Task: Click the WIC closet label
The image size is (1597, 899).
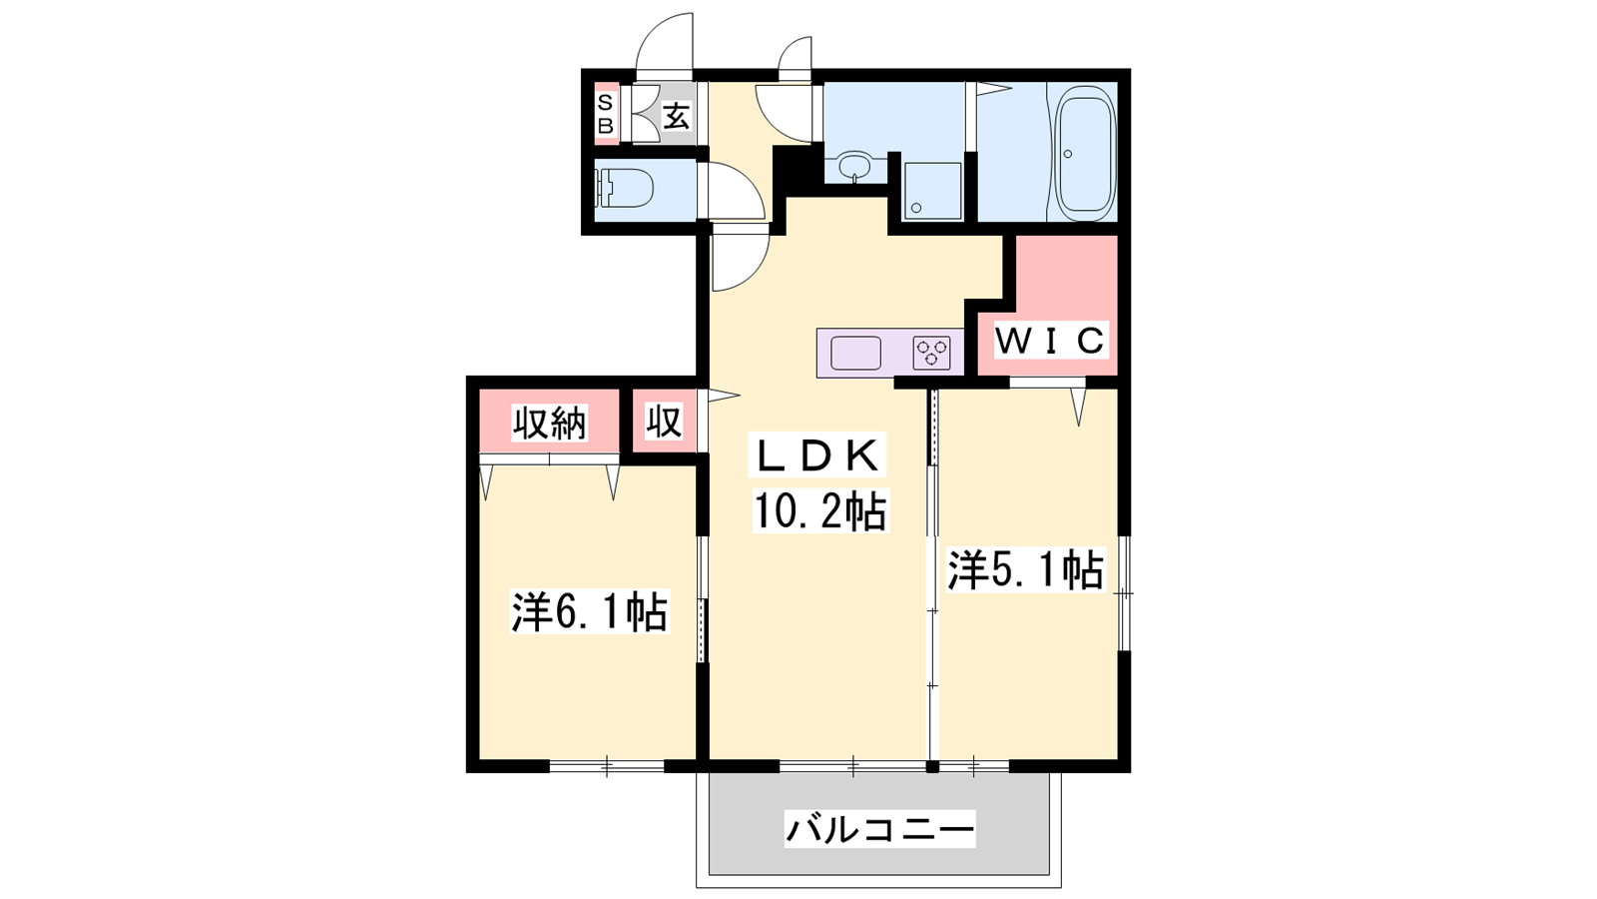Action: pyautogui.click(x=1050, y=341)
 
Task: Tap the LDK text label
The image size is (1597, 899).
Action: pyautogui.click(x=817, y=455)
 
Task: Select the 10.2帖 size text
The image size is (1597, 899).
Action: pyautogui.click(x=820, y=510)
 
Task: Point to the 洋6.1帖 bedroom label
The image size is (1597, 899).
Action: pyautogui.click(x=590, y=611)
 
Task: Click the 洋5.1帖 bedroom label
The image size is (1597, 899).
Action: pyautogui.click(x=1025, y=570)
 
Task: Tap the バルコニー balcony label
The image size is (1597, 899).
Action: pyautogui.click(x=879, y=830)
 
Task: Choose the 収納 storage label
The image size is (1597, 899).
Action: pyautogui.click(x=550, y=424)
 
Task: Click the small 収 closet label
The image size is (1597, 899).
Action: pyautogui.click(x=664, y=421)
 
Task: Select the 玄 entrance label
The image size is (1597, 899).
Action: pyautogui.click(x=677, y=116)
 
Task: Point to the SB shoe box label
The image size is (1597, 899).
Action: pyautogui.click(x=605, y=114)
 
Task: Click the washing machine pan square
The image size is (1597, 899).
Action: pyautogui.click(x=932, y=191)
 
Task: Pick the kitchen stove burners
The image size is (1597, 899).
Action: pyautogui.click(x=932, y=353)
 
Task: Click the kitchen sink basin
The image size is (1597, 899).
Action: pyautogui.click(x=855, y=354)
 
